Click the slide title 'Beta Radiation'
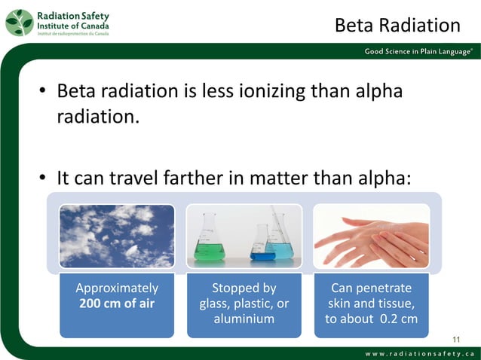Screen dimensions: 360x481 pyautogui.click(x=397, y=26)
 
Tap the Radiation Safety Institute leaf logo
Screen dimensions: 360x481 pyautogui.click(x=20, y=23)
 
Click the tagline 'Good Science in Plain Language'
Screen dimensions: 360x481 pyautogui.click(x=418, y=51)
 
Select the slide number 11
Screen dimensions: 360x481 pyautogui.click(x=455, y=337)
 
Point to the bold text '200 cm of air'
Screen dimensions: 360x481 pyautogui.click(x=117, y=304)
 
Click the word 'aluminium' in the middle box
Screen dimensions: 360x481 pyautogui.click(x=244, y=319)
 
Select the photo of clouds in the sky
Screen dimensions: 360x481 pyautogui.click(x=117, y=236)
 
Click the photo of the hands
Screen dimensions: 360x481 pyautogui.click(x=371, y=236)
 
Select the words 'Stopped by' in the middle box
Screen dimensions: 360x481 pyautogui.click(x=244, y=288)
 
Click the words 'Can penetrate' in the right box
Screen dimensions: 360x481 pyautogui.click(x=371, y=288)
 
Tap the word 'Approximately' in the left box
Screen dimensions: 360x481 pyautogui.click(x=117, y=288)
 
